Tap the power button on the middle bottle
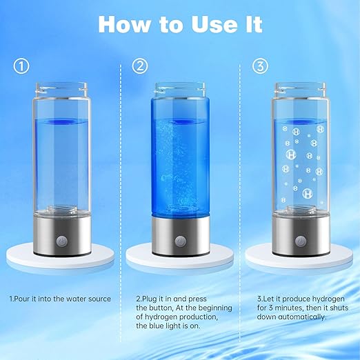[x=181, y=243]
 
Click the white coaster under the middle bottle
[x=181, y=260]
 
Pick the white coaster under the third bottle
[x=299, y=260]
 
